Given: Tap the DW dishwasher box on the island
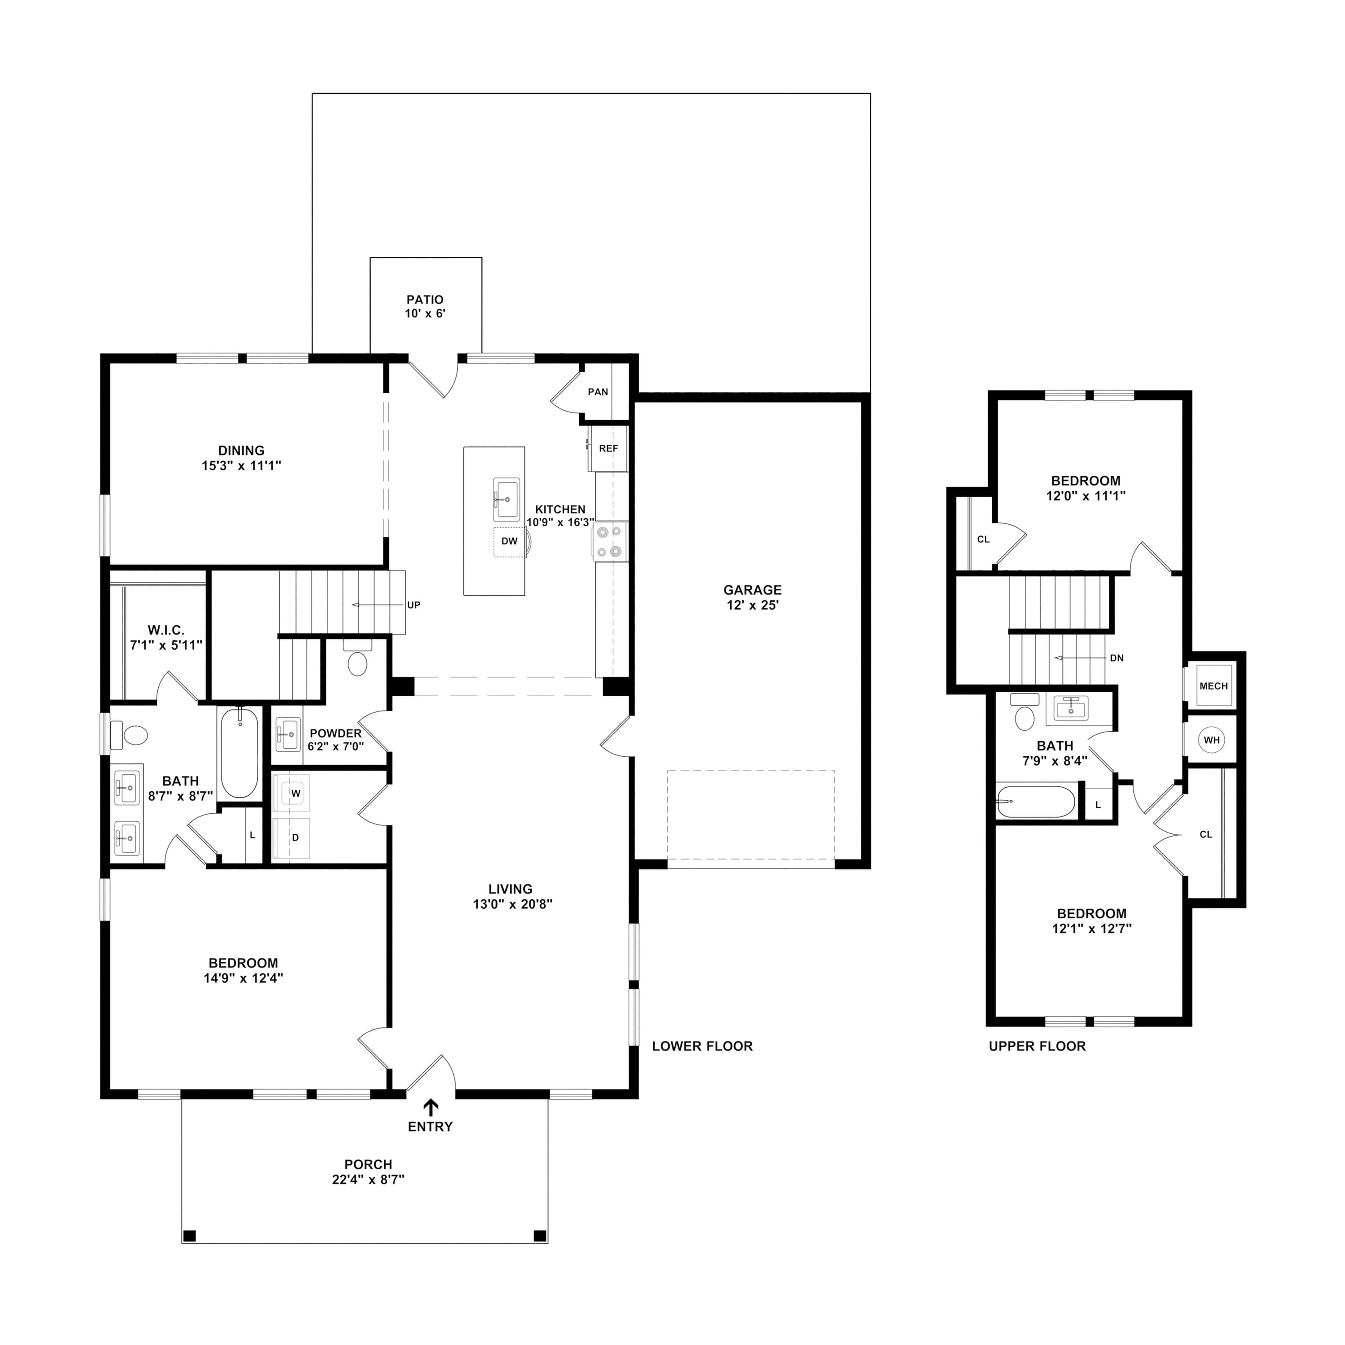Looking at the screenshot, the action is point(510,542).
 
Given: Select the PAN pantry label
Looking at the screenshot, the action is point(598,392).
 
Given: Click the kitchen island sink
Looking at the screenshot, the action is point(506,499).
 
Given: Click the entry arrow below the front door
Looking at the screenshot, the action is point(431,1107).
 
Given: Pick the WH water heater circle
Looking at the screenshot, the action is point(1212,740).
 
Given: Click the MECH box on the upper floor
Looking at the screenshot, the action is point(1214,686).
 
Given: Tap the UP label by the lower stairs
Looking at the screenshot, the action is point(413,605).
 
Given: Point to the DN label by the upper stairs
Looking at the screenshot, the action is point(1117,658).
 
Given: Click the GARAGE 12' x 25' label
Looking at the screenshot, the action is point(753,597).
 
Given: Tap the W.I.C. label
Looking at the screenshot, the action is point(166,630).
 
